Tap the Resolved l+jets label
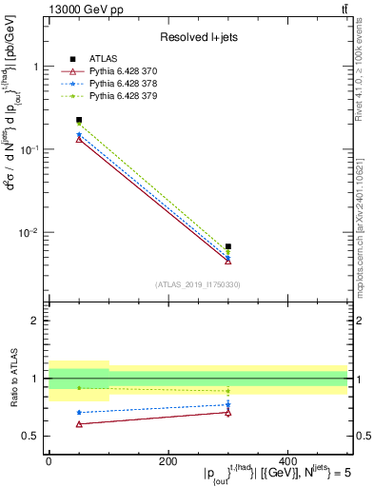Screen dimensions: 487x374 pos(197,37)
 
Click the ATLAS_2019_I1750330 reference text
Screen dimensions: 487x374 pos(197,284)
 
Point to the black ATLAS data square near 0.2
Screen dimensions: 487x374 pos(79,120)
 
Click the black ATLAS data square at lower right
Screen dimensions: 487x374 pos(228,246)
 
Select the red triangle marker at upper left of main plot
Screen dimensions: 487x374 pos(79,139)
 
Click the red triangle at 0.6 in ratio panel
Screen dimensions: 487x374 pos(79,423)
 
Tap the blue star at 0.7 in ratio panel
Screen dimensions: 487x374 pos(79,412)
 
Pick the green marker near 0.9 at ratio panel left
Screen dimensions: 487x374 pos(79,387)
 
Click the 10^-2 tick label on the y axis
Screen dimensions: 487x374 pos(28,233)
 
